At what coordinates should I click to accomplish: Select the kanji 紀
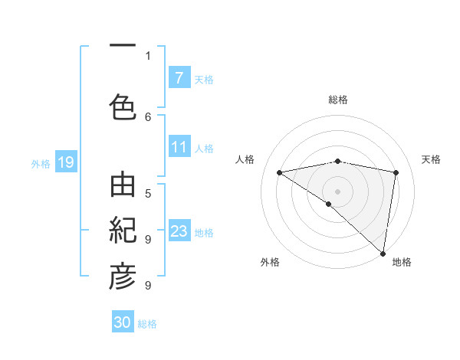click(123, 231)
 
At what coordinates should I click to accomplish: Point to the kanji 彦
click(123, 277)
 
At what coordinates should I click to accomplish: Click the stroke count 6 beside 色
click(148, 116)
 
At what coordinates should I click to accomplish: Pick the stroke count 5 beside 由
click(148, 193)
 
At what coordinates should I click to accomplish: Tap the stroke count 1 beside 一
click(148, 55)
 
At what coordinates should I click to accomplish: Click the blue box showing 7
click(179, 78)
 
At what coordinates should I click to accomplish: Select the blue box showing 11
click(179, 147)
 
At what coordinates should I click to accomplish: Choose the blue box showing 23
click(179, 231)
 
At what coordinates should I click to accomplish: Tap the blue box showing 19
click(65, 162)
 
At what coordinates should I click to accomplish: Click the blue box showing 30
click(123, 322)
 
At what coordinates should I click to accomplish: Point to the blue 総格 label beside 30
click(147, 324)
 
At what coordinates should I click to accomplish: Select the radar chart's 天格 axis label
click(431, 159)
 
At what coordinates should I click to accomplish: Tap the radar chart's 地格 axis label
click(402, 262)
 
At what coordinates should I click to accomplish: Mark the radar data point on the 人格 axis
click(280, 172)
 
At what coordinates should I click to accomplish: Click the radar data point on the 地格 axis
click(383, 253)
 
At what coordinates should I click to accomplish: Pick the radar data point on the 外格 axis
click(328, 204)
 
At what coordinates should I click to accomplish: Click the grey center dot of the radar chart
click(337, 191)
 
